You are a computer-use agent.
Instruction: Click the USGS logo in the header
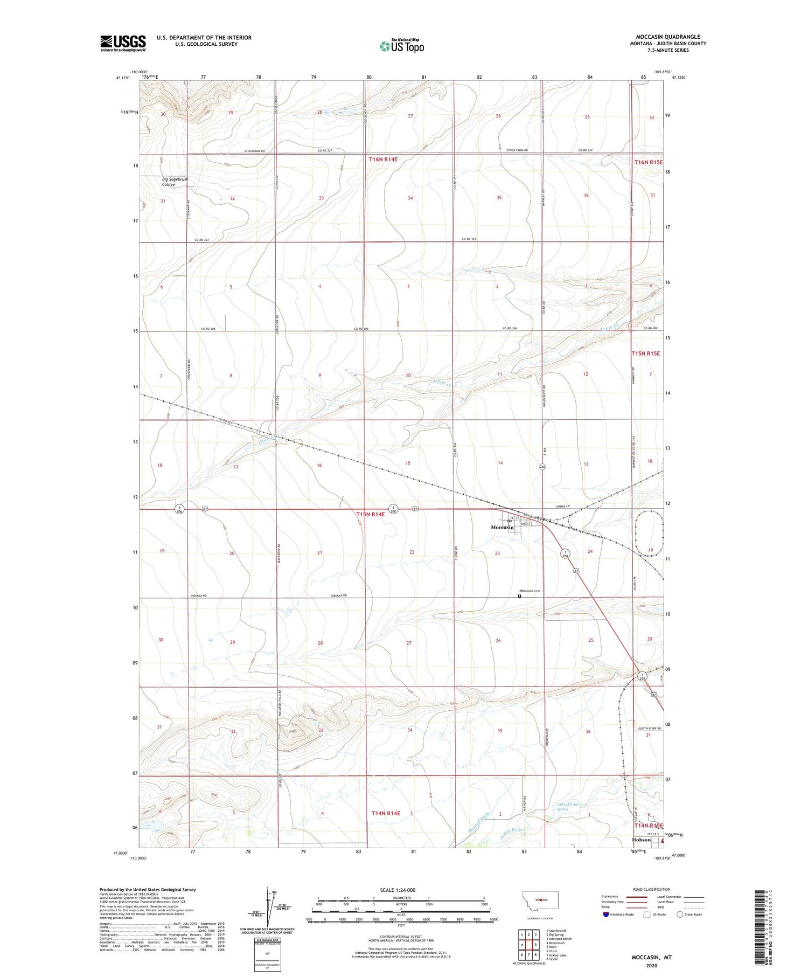click(x=123, y=43)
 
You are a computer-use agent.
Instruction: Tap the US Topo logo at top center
click(x=402, y=46)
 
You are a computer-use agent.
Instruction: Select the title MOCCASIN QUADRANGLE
click(x=668, y=37)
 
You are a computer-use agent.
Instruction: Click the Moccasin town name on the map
click(x=502, y=528)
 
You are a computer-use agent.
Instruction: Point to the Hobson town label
click(x=641, y=840)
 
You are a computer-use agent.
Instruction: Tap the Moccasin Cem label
click(x=530, y=591)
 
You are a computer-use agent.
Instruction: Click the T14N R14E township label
click(x=386, y=813)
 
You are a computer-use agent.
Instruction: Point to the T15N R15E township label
click(x=645, y=354)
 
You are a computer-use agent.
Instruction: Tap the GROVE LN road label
click(x=562, y=507)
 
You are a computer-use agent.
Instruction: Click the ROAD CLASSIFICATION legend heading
click(x=652, y=889)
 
